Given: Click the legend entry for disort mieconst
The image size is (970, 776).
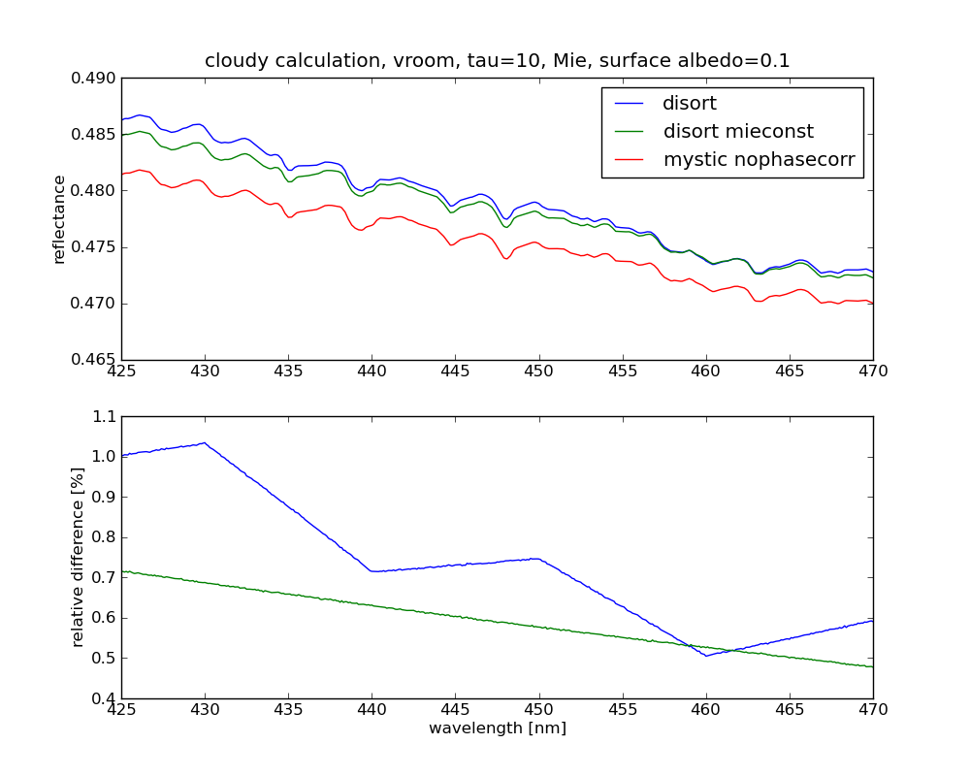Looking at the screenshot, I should click(x=738, y=131).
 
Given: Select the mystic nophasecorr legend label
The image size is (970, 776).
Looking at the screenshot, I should click(x=759, y=160).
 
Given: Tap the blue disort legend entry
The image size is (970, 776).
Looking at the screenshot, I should click(x=690, y=103).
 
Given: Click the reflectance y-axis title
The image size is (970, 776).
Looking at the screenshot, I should click(x=60, y=219).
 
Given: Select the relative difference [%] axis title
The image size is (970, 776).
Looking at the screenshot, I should click(x=78, y=557).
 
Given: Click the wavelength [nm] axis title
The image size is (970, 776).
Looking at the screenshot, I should click(x=497, y=727).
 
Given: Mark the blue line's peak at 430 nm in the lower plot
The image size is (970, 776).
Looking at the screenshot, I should click(x=205, y=443).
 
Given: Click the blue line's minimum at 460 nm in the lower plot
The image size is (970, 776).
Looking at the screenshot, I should click(x=706, y=656).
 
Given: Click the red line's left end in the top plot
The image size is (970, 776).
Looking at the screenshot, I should click(x=122, y=174).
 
